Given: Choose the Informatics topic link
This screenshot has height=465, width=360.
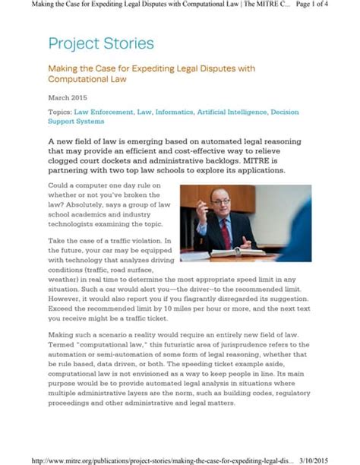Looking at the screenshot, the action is (x=174, y=112).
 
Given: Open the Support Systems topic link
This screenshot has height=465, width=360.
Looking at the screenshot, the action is (x=76, y=122).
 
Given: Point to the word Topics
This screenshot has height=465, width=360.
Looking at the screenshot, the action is (x=59, y=112).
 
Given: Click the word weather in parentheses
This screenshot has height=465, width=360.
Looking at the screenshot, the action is (x=64, y=279).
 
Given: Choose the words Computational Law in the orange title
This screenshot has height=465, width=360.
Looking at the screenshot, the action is (x=87, y=79).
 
